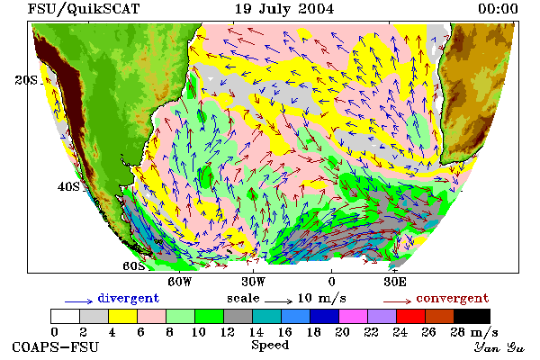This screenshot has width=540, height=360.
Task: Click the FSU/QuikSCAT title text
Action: click(84, 9)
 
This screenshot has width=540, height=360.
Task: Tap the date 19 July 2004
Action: click(284, 9)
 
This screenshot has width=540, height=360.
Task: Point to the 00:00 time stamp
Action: click(498, 9)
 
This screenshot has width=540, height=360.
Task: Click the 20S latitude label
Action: click(26, 80)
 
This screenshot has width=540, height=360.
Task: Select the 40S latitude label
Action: click(68, 186)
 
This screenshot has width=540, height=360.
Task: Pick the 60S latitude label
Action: click(134, 266)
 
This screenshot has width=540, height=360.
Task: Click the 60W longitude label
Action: click(179, 282)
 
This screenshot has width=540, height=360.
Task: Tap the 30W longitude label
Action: click(254, 282)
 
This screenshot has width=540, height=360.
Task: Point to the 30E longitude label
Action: click(395, 282)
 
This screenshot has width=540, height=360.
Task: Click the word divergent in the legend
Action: click(129, 298)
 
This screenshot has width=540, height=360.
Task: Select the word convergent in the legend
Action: click(453, 298)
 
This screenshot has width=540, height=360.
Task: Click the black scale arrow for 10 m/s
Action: click(279, 301)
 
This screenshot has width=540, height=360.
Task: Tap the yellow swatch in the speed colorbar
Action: click(122, 316)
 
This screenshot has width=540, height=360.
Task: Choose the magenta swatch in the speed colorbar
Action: click(353, 316)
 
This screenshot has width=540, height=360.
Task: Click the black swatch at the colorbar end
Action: click(472, 316)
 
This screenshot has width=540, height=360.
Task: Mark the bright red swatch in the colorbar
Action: click(410, 316)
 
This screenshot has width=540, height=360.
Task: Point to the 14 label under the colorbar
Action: click(256, 332)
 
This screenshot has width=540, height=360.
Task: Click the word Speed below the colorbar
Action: click(270, 346)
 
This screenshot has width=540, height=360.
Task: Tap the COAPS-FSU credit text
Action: click(55, 347)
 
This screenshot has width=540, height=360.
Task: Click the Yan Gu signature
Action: click(499, 347)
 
